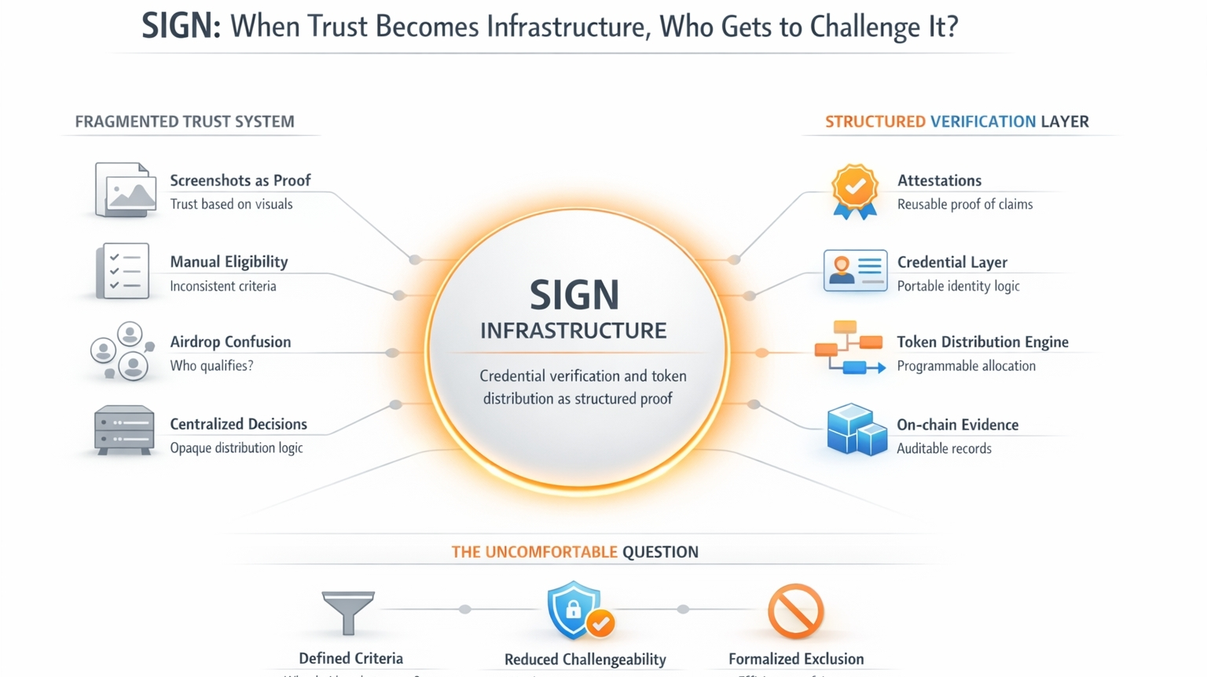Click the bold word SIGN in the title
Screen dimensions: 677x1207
click(x=180, y=26)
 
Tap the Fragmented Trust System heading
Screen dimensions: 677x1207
click(x=185, y=122)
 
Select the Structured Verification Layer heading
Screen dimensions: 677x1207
click(x=956, y=122)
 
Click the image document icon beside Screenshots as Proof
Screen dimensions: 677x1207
click(x=125, y=189)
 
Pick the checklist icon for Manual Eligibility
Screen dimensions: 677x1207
click(x=123, y=271)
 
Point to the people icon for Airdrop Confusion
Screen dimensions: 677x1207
click(x=121, y=351)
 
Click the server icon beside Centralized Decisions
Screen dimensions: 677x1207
click(x=124, y=430)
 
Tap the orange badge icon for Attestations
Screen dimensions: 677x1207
click(x=855, y=191)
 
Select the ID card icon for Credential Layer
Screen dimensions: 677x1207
click(x=855, y=271)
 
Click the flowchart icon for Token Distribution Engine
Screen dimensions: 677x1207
click(x=849, y=347)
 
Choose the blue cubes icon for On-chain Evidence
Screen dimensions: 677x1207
click(x=856, y=430)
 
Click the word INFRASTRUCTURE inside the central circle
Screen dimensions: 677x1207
click(x=574, y=331)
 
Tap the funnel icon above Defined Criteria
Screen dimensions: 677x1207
click(x=348, y=612)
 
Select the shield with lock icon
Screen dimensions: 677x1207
click(x=576, y=610)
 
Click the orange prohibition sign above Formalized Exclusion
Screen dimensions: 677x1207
click(x=795, y=611)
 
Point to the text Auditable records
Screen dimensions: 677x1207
click(x=944, y=448)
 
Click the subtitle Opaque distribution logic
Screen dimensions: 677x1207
click(x=236, y=448)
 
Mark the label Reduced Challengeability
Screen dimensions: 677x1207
click(x=585, y=659)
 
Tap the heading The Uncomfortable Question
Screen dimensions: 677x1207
click(x=574, y=551)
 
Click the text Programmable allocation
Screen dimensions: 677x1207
click(x=966, y=366)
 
